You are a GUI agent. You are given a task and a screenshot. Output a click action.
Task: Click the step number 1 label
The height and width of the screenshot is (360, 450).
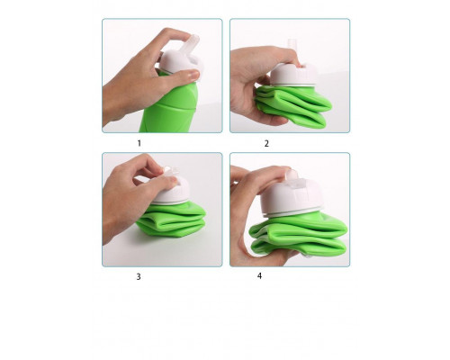coord(139,143)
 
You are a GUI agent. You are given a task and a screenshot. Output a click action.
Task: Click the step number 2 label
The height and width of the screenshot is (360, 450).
coord(266,143)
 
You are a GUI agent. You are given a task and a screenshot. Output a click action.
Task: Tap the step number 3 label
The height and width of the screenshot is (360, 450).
coord(139,276)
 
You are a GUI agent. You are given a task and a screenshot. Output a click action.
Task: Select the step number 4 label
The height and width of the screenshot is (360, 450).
coord(259,275)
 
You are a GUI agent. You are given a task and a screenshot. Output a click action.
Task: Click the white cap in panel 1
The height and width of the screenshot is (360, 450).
coord(180,63)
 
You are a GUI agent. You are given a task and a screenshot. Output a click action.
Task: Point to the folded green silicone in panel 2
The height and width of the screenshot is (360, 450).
coord(292,105)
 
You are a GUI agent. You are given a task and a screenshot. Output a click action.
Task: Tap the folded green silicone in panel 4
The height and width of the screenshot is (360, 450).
coord(299,236)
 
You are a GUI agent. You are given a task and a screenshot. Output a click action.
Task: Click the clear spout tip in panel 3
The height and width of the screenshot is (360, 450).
coord(170,171)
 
